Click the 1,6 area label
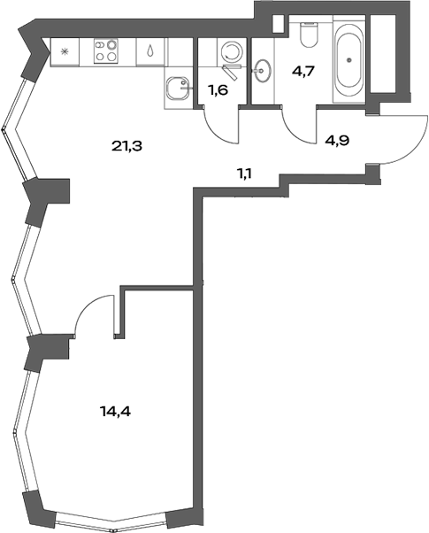pyautogui.click(x=218, y=89)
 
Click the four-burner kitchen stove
pyautogui.click(x=106, y=52)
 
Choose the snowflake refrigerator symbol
pyautogui.click(x=64, y=52)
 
